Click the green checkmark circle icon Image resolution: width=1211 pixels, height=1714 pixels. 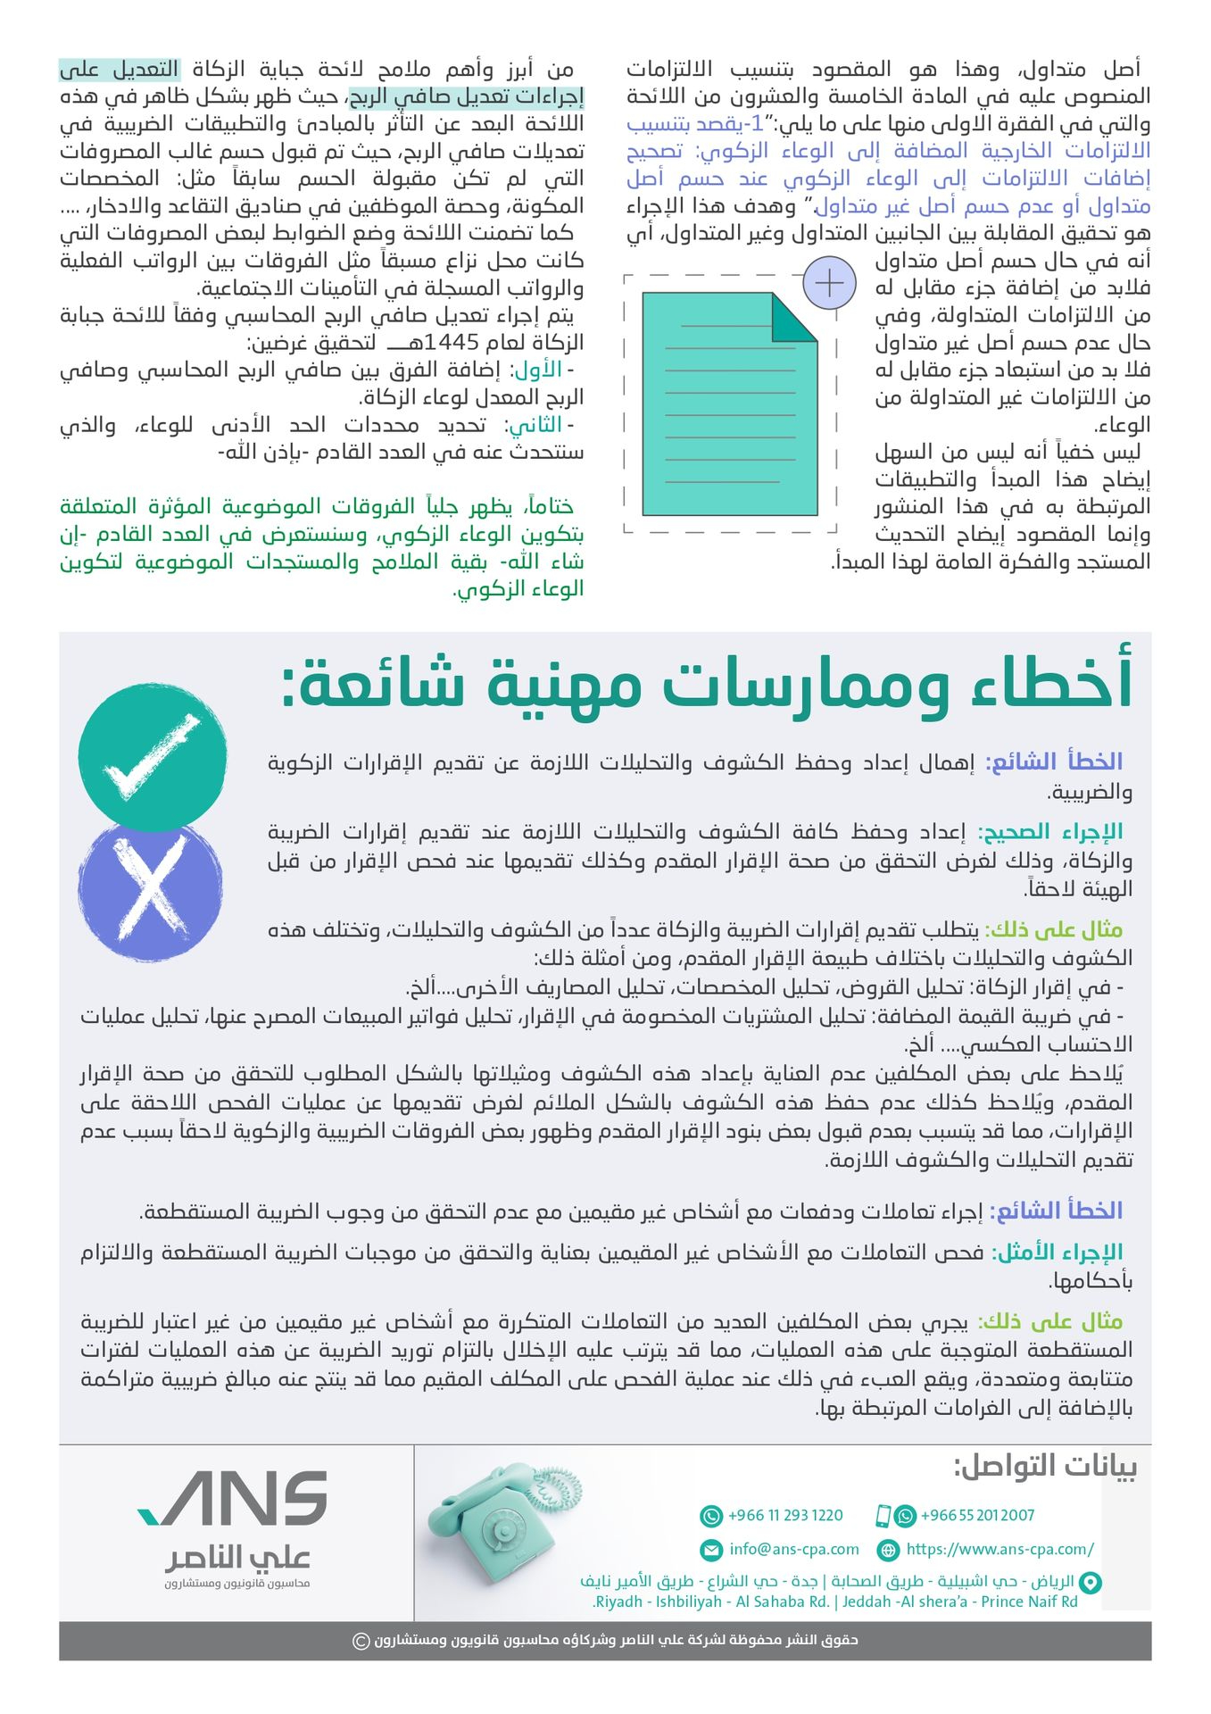(153, 756)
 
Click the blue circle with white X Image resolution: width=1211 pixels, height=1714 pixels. (150, 891)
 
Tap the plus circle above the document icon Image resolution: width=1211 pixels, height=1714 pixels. (829, 284)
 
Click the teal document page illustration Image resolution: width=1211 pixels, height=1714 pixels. (728, 404)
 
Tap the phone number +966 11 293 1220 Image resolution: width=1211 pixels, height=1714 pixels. (785, 1515)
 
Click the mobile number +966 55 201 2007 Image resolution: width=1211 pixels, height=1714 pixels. (977, 1515)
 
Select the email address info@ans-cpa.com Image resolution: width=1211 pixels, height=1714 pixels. (793, 1549)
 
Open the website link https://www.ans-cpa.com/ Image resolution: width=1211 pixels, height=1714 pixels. (999, 1549)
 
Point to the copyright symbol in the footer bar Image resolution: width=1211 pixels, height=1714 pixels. (361, 1641)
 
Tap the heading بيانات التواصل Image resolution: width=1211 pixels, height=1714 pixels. (1045, 1466)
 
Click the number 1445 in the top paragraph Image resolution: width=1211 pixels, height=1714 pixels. (452, 343)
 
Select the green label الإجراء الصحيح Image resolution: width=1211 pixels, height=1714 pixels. (1050, 832)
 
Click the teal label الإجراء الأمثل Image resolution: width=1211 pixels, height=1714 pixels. (1057, 1252)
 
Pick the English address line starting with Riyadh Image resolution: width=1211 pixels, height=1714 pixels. (834, 1602)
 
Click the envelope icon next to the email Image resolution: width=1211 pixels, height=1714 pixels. (711, 1550)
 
